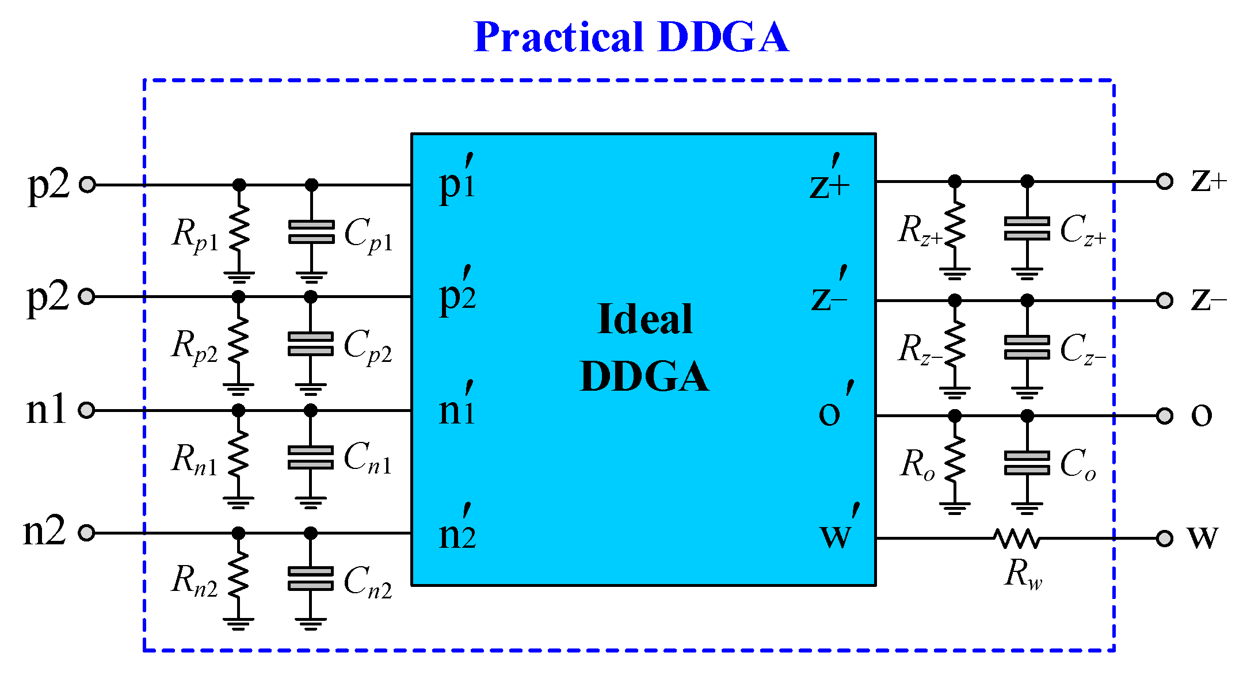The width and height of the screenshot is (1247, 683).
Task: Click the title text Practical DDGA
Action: [x=631, y=37]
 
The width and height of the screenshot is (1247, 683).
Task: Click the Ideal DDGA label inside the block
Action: [x=645, y=348]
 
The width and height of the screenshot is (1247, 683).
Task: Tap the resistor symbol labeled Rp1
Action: [x=239, y=228]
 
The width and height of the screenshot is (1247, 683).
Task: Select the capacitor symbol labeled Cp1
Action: [x=311, y=232]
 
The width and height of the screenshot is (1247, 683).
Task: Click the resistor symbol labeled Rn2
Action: [x=239, y=577]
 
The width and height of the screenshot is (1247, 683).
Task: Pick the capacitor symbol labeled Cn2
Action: [x=311, y=579]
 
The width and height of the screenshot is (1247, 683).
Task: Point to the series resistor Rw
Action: [x=1016, y=539]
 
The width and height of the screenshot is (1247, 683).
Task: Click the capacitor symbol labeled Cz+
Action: [x=1027, y=228]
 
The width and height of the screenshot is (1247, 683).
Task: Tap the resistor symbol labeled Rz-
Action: [x=955, y=344]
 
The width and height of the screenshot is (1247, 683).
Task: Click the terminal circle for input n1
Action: [x=86, y=410]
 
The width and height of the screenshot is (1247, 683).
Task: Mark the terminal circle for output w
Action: [x=1165, y=539]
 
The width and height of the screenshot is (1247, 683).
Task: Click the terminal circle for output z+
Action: [x=1165, y=182]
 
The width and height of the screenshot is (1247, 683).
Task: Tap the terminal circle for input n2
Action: [x=86, y=533]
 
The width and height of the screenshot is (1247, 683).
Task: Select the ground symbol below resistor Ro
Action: [x=955, y=508]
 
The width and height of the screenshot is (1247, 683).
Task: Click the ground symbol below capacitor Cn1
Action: [x=311, y=503]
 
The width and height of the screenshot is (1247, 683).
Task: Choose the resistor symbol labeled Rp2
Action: [x=239, y=342]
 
